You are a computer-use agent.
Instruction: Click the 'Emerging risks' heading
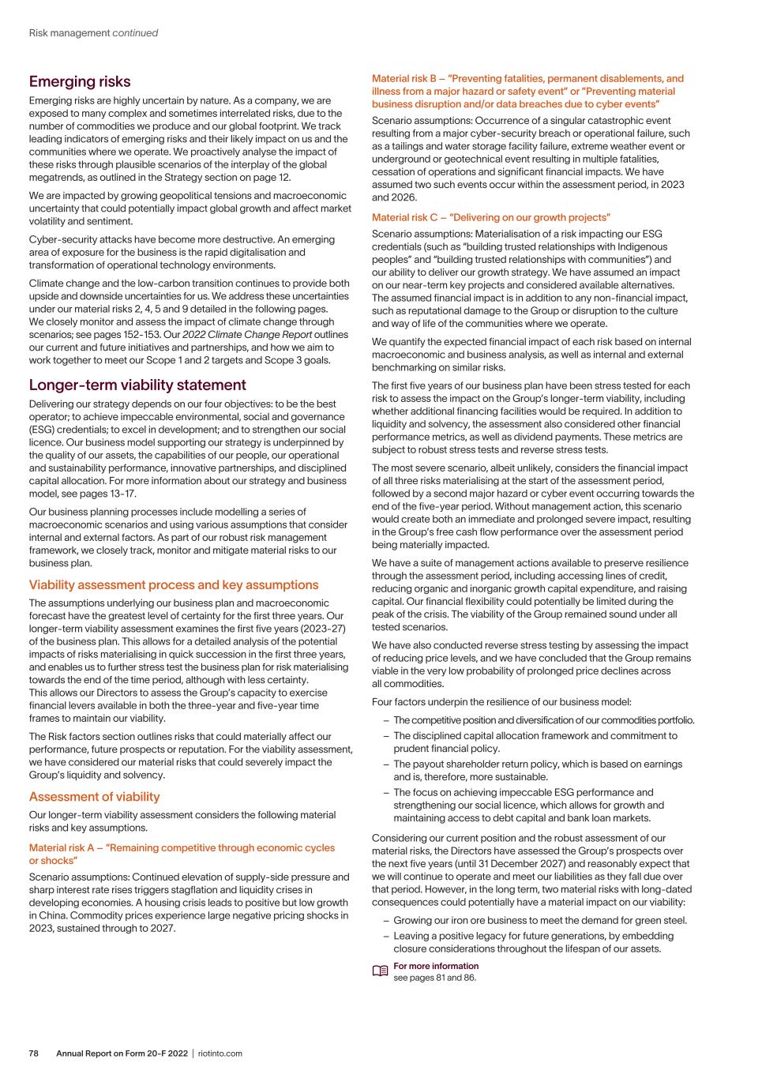pos(80,82)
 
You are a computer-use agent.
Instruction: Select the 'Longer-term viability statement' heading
pos(137,385)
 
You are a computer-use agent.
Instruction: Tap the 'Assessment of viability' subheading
pos(94,797)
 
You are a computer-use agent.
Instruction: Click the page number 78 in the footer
pos(34,1054)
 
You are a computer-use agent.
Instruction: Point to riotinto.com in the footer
pos(220,1054)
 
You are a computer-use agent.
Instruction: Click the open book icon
pos(380,971)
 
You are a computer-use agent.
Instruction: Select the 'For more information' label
pos(436,966)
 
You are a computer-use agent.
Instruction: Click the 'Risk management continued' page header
pos(93,33)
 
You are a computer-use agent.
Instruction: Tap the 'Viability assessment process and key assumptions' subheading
pos(174,585)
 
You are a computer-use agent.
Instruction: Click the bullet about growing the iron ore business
pos(539,920)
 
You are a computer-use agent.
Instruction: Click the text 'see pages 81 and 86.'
pos(435,978)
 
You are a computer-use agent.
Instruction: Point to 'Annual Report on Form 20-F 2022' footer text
pos(122,1054)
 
